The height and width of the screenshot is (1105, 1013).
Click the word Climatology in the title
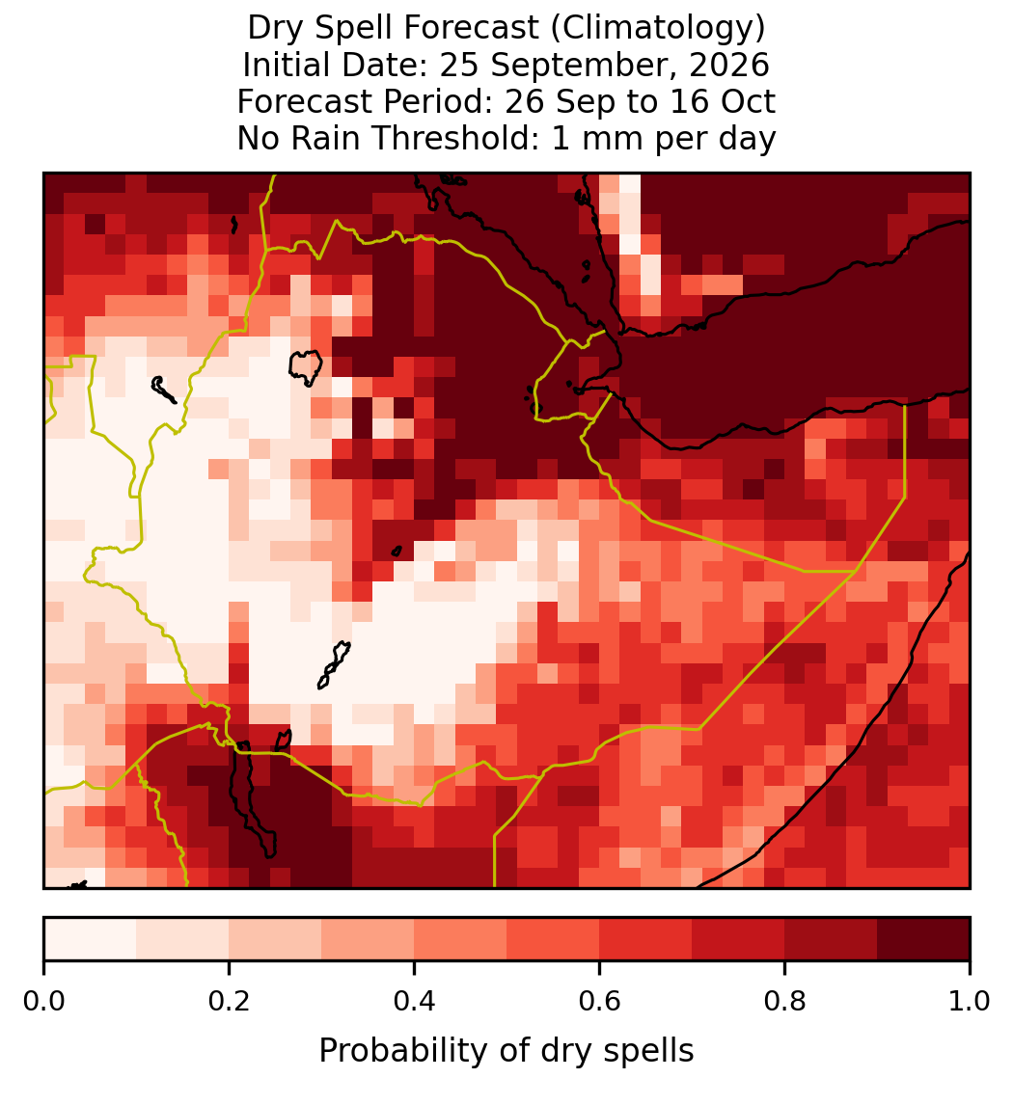657,28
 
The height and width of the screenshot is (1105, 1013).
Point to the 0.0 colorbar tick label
43,1001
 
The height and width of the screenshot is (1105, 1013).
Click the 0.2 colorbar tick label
229,1001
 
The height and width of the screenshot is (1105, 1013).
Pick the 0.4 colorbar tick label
415,1001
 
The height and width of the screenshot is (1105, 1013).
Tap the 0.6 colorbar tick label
599,1001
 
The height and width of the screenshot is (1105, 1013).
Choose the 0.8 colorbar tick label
784,1001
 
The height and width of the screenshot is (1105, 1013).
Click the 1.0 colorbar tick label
970,1001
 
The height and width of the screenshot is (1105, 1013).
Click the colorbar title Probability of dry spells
506,1051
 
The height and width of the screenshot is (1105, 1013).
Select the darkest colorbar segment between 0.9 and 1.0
923,939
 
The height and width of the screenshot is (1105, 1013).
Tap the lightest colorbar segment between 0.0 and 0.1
91,939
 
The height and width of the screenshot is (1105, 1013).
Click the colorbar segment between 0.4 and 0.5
460,939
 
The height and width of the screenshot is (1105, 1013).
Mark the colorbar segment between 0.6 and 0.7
645,939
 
